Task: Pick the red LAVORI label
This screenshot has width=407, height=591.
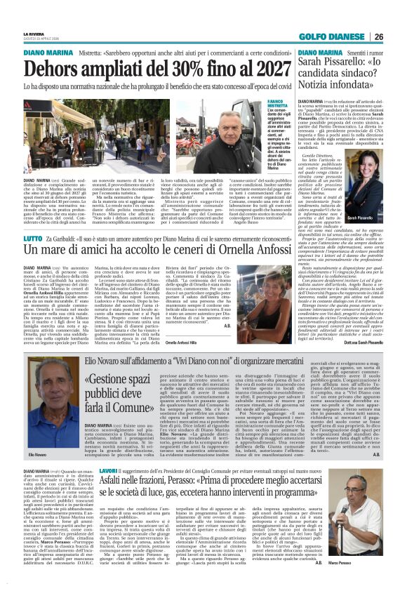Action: [x=109, y=470]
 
